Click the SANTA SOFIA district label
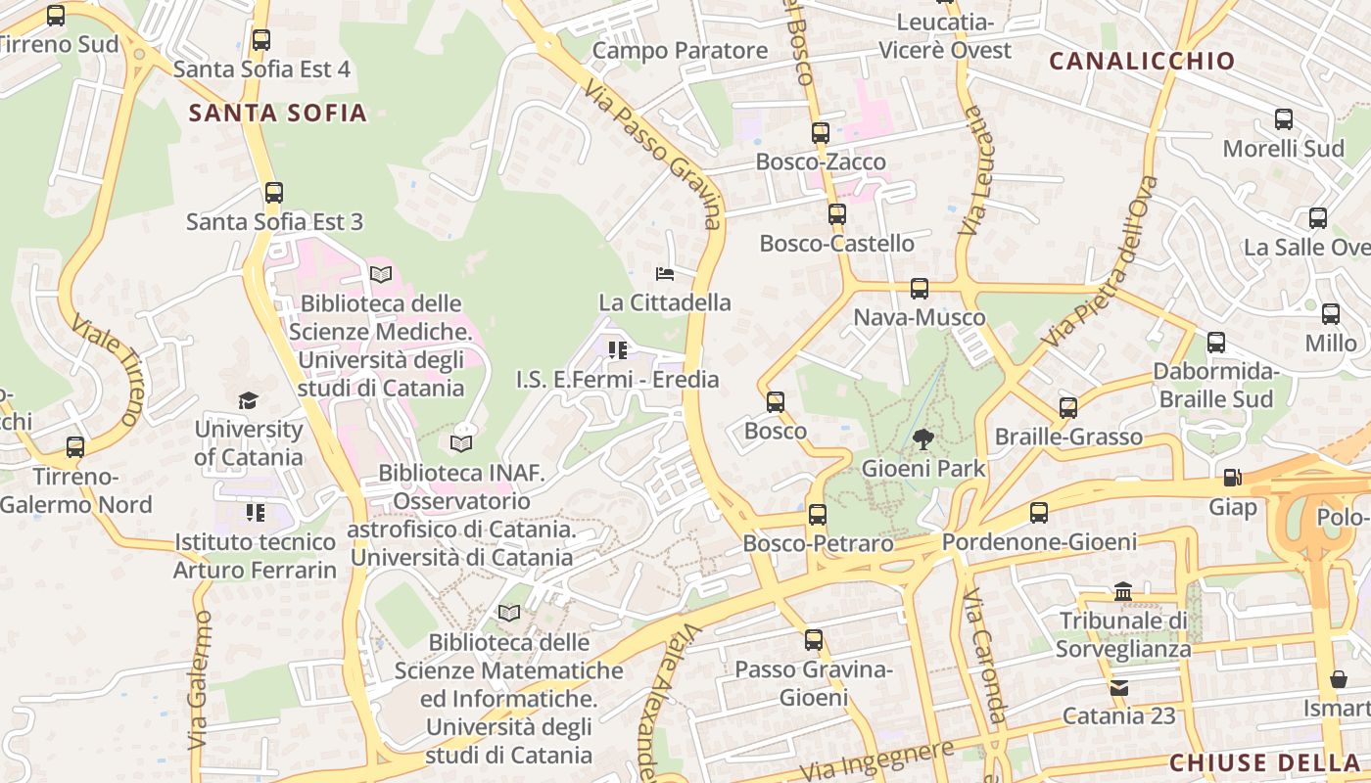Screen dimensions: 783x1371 277,113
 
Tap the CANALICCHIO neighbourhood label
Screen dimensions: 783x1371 1142,61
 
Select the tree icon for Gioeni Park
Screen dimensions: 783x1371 922,439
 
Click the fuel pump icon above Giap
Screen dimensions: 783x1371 1232,478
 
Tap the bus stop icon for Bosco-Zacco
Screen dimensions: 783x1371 821,133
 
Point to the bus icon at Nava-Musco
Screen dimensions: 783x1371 919,288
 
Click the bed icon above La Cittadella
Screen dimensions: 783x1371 665,273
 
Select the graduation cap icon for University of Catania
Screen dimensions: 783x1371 249,400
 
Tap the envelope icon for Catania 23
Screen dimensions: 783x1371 1119,687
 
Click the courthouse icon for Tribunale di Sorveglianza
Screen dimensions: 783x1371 1123,591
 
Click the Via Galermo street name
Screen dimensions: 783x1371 199,680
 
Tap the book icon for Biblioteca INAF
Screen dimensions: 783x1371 461,443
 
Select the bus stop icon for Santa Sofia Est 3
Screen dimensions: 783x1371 274,193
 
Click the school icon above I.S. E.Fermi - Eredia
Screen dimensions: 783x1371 617,349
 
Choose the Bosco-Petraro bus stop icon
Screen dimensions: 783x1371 818,514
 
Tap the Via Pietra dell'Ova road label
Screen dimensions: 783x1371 1102,262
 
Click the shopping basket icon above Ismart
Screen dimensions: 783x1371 1339,679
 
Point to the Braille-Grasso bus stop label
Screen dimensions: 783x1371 1068,437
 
